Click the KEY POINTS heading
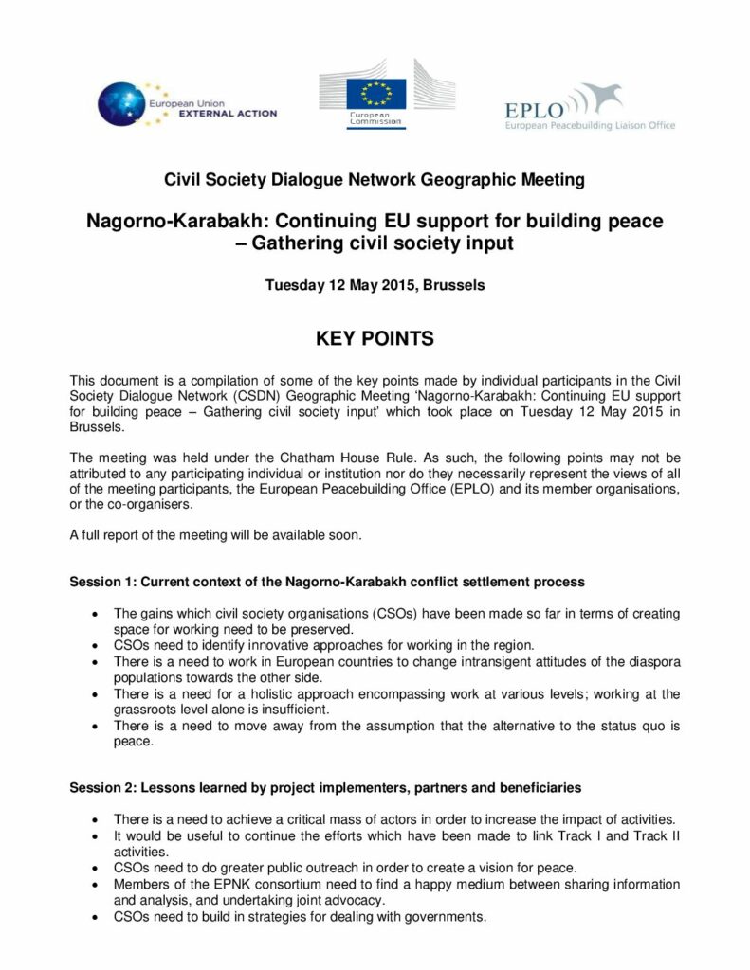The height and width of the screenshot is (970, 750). [x=375, y=338]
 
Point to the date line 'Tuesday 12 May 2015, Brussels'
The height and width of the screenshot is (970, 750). [x=375, y=285]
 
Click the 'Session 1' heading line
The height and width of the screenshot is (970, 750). [x=327, y=581]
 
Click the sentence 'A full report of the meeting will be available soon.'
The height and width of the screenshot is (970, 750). [x=215, y=535]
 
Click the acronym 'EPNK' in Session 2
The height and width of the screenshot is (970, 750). [x=219, y=884]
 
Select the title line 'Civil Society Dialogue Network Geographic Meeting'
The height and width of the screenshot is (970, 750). [x=375, y=179]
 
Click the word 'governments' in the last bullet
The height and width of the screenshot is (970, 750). [x=446, y=916]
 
